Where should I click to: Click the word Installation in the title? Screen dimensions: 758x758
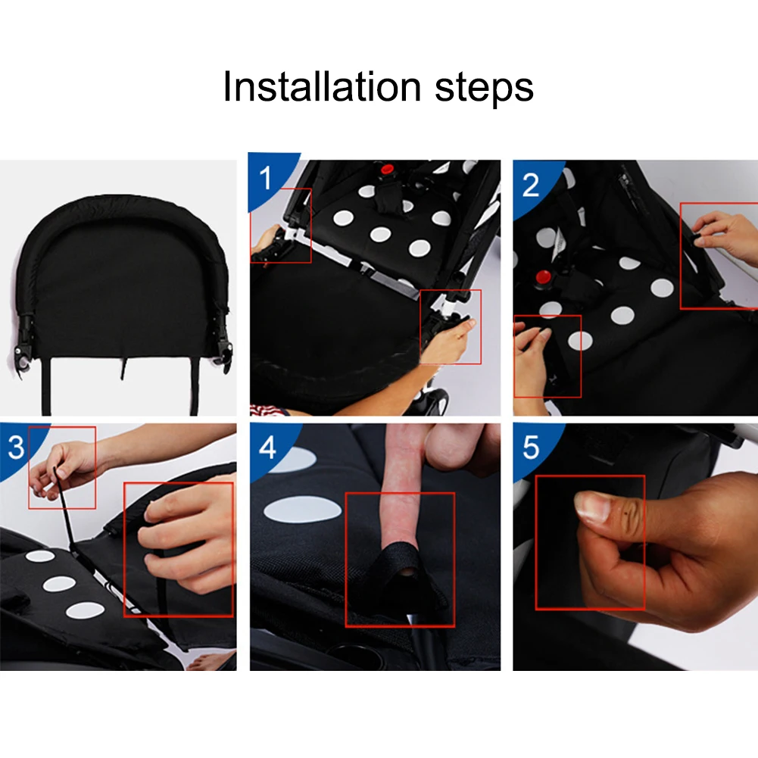coord(322,86)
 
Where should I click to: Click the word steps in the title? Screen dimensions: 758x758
coord(485,89)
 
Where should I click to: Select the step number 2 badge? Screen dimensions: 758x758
coord(531,186)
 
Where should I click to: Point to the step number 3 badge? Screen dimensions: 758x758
coord(16,448)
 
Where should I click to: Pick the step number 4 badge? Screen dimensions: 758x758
coord(268,448)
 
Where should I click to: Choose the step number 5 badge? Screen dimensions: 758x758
coord(531,448)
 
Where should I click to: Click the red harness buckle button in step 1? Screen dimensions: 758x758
coord(387,170)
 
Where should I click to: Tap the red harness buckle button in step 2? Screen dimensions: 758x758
coord(544,277)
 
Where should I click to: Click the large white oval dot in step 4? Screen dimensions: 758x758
coord(303,510)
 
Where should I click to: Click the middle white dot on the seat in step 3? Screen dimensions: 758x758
coord(59,584)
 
